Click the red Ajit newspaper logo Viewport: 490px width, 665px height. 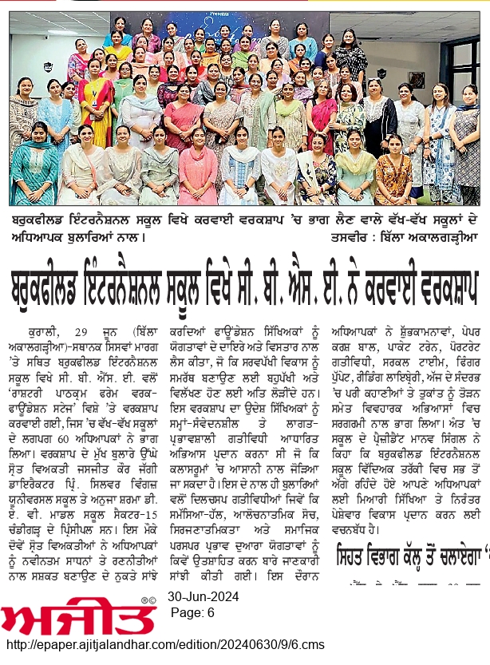pyautogui.click(x=77, y=616)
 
